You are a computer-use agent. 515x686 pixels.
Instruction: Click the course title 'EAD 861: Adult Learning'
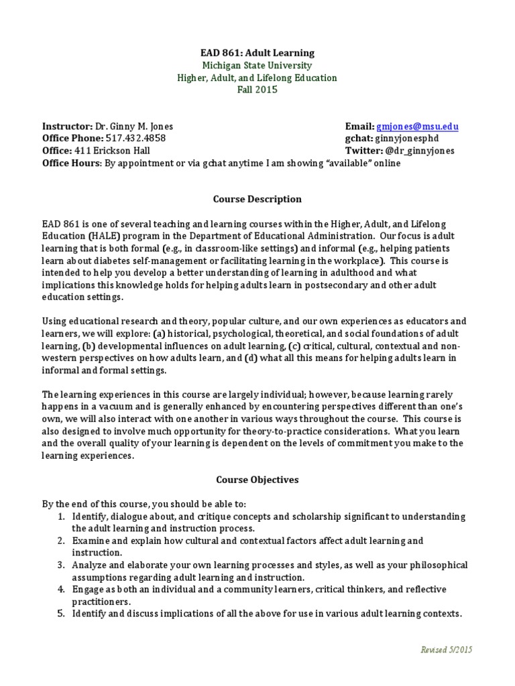coord(257,53)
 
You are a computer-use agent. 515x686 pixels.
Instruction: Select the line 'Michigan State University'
coord(257,66)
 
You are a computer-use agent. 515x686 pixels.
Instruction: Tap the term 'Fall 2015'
coord(257,90)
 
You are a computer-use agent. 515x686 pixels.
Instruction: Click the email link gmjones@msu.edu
coord(417,127)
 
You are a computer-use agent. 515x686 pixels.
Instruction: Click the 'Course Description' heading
coord(257,200)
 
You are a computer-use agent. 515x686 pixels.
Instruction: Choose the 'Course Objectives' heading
coord(257,480)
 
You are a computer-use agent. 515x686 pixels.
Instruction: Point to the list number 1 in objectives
coord(60,517)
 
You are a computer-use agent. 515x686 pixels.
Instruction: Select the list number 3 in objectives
coord(60,565)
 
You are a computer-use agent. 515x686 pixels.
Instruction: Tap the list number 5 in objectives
coord(60,613)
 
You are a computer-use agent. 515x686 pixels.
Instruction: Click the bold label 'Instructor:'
coord(67,127)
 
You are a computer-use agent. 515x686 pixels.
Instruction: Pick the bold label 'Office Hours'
coord(70,163)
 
